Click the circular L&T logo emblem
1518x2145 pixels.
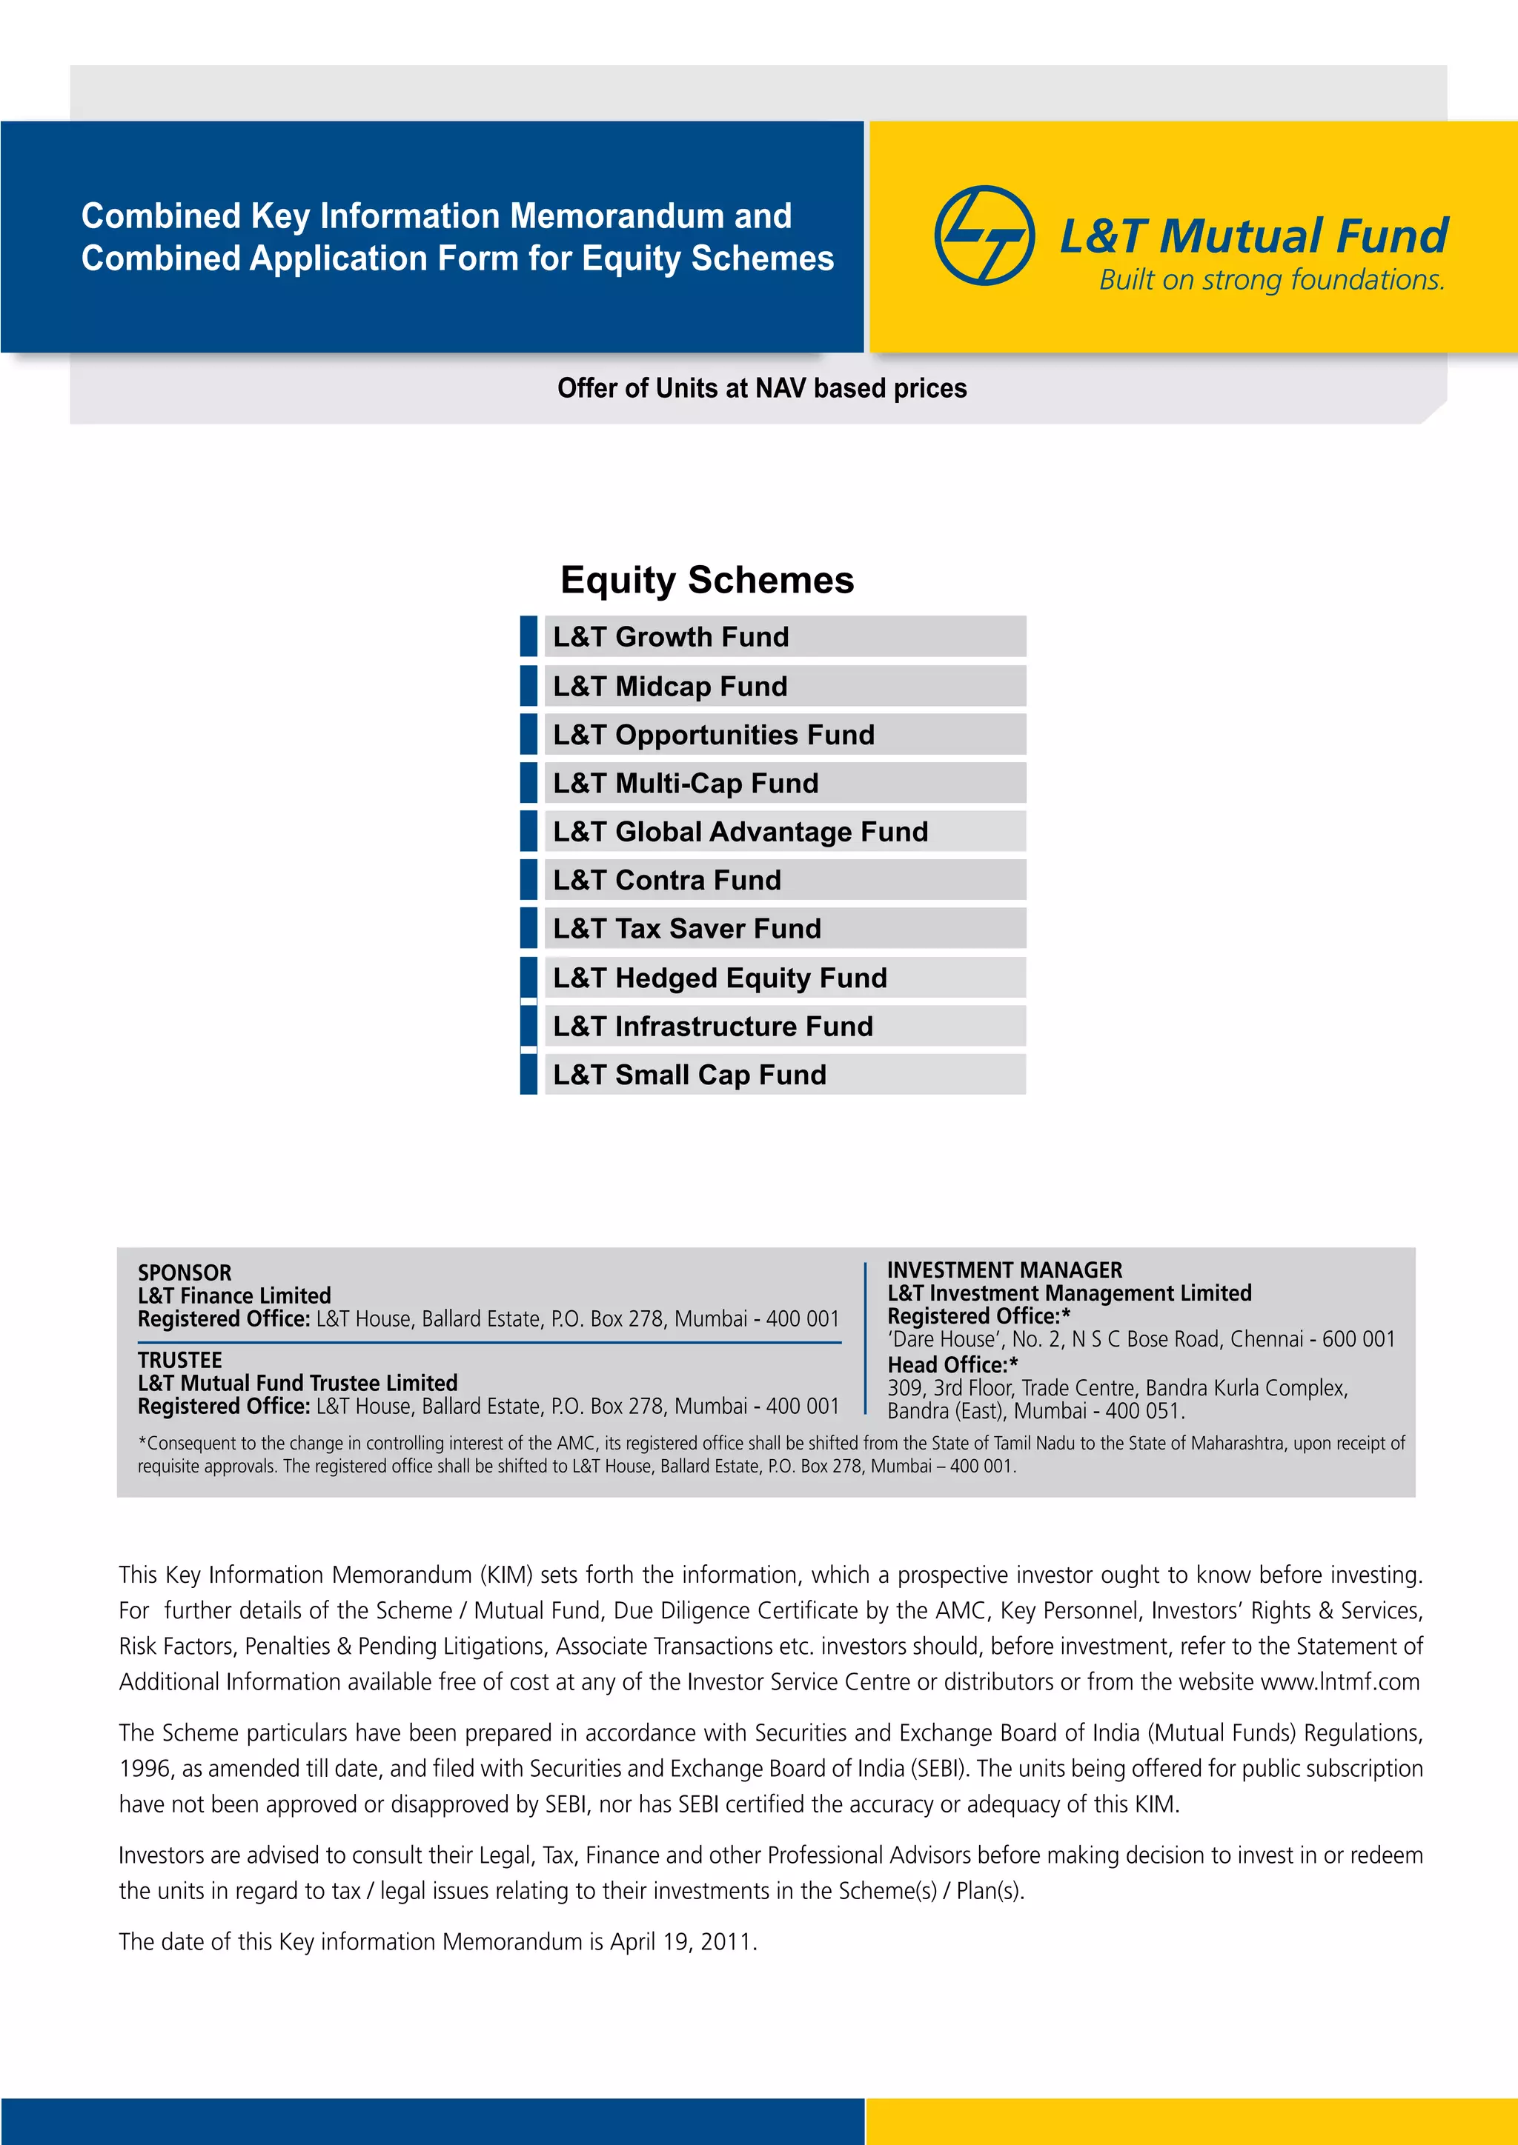click(x=984, y=236)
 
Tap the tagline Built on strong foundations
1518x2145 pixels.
click(x=1271, y=279)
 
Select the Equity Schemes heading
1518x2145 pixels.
click(x=706, y=580)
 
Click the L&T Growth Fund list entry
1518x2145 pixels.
click(x=671, y=637)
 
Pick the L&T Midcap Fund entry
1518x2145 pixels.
click(x=670, y=687)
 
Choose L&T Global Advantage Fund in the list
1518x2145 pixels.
click(x=740, y=832)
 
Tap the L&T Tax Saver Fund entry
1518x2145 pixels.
click(x=687, y=929)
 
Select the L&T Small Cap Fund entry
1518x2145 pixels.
click(x=690, y=1075)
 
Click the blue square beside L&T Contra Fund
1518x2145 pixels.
click(x=529, y=880)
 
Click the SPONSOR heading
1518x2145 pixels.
click(x=184, y=1272)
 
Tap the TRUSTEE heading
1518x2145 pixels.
click(x=179, y=1360)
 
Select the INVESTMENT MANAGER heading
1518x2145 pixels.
click(x=1005, y=1270)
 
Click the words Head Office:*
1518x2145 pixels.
click(x=952, y=1365)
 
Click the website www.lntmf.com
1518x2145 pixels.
click(x=1339, y=1683)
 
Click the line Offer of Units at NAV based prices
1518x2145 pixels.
click(x=762, y=389)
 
